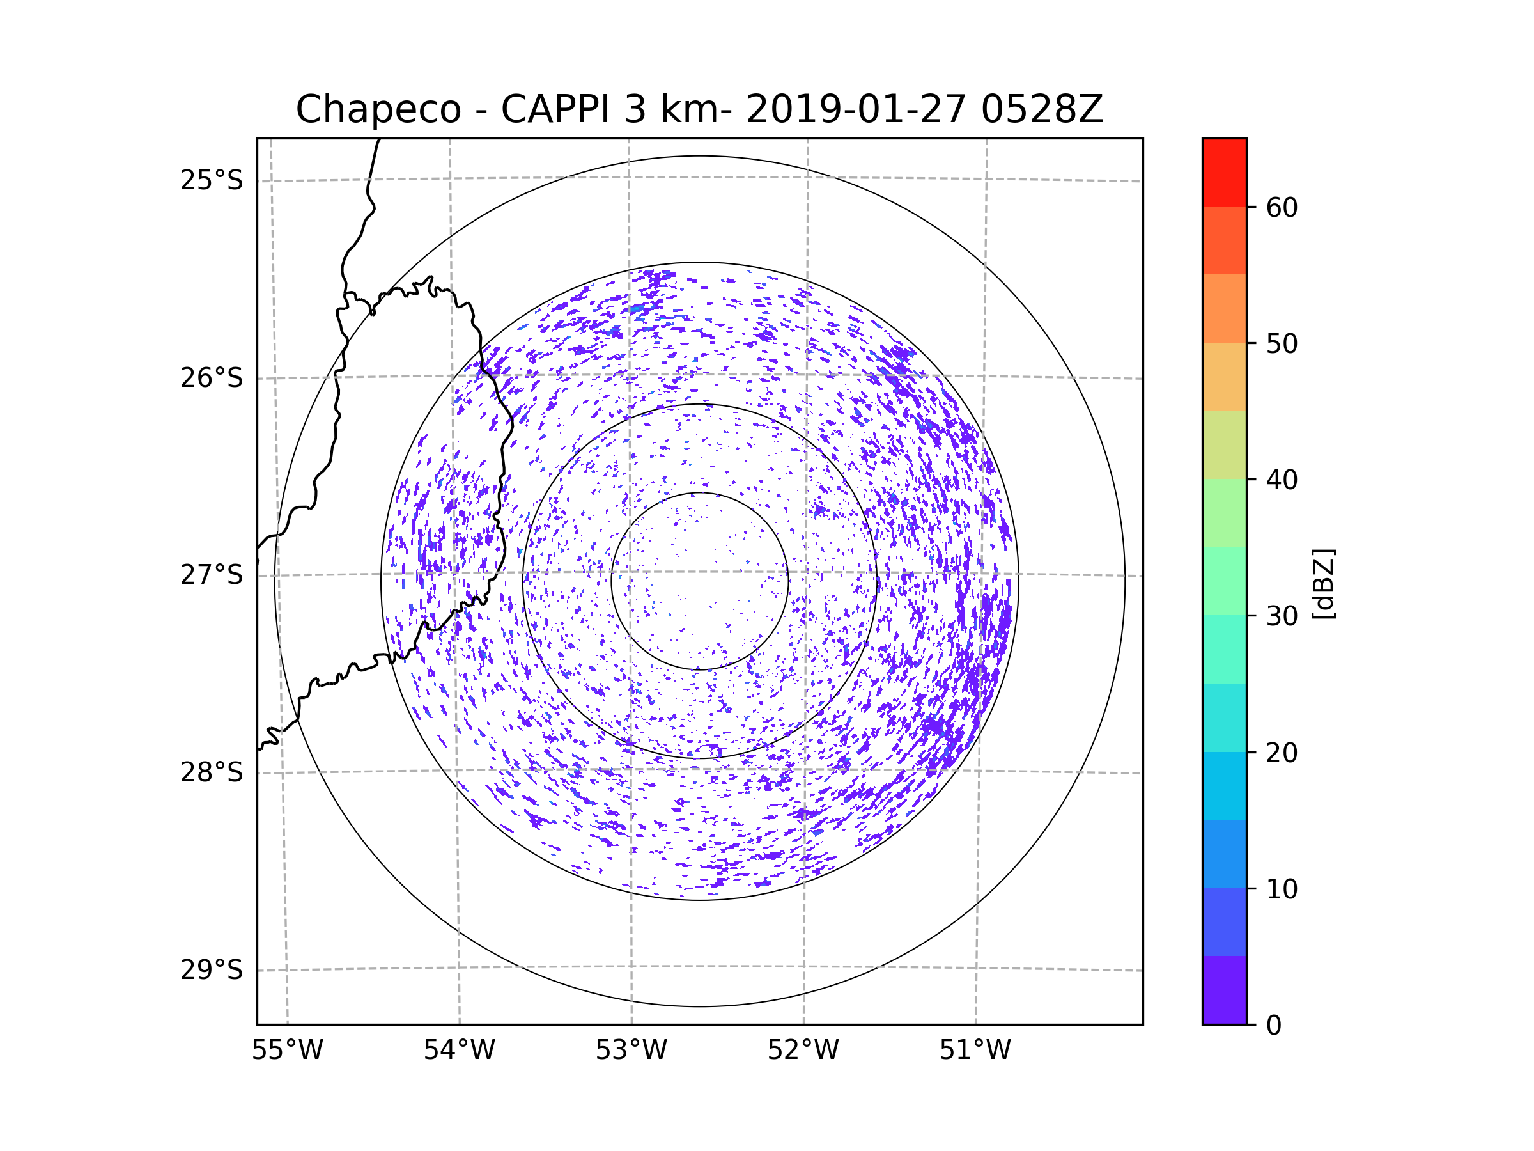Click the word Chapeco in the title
[x=378, y=109]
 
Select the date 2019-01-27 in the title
[x=855, y=109]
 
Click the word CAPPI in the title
[x=555, y=109]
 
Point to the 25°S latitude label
[x=212, y=180]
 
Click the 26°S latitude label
[x=212, y=378]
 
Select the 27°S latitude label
[x=212, y=575]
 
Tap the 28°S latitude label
[x=212, y=772]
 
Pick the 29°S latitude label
[x=212, y=970]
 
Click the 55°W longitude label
[x=287, y=1051]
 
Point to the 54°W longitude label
[x=459, y=1051]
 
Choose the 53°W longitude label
[x=631, y=1051]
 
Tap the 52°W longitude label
[x=803, y=1051]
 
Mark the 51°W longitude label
[x=975, y=1051]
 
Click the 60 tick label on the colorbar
[x=1282, y=207]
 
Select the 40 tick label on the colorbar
[x=1282, y=480]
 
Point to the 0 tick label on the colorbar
[x=1274, y=1026]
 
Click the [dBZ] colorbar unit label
[x=1323, y=583]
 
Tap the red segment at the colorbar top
[x=1224, y=172]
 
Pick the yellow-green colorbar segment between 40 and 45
[x=1224, y=444]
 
